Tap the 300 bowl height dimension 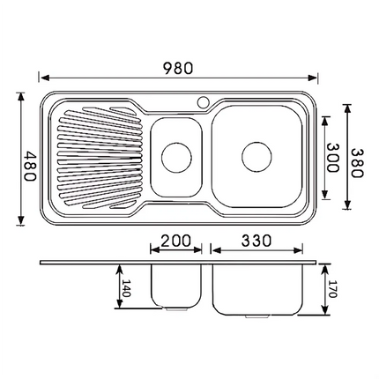tap(333, 158)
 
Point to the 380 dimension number tap(355, 158)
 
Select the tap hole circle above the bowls tap(204, 101)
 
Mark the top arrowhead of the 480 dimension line tap(20, 92)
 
